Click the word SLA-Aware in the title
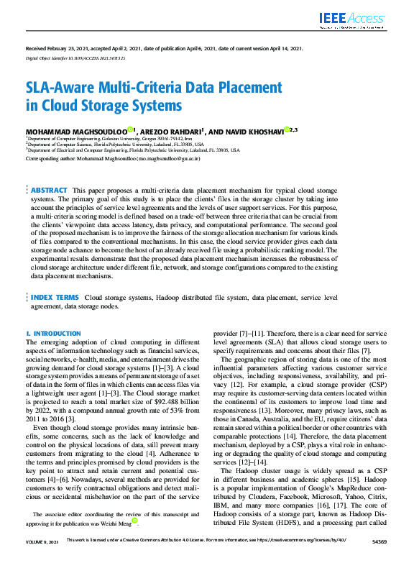[x=62, y=88]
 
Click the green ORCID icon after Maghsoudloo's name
[x=130, y=129]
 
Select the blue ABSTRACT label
[x=50, y=190]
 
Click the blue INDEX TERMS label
[x=55, y=296]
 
